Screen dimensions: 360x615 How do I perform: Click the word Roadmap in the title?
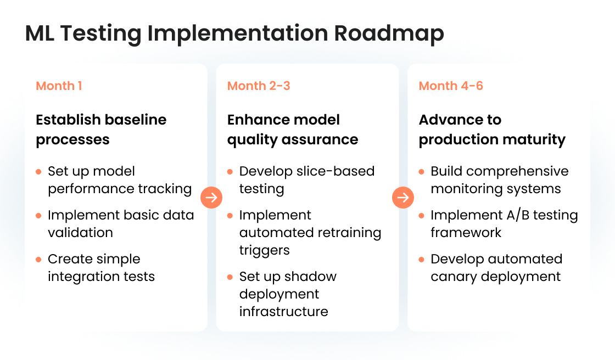[x=389, y=33]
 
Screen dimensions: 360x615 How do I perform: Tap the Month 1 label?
[x=59, y=86]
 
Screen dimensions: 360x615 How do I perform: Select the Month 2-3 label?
[x=259, y=86]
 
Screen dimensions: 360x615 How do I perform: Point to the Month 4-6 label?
[x=451, y=86]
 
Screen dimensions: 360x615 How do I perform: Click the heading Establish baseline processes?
[x=101, y=130]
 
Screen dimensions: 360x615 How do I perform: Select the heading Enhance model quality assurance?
[x=293, y=130]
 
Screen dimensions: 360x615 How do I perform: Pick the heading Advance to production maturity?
[x=492, y=130]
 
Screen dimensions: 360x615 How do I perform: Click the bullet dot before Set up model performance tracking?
[x=38, y=172]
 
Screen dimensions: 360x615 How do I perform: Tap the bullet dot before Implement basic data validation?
[x=38, y=216]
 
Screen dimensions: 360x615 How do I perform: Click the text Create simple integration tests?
[x=101, y=268]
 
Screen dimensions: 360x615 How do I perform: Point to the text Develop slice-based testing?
[x=306, y=180]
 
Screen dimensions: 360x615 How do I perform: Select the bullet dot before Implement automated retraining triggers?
[x=230, y=216]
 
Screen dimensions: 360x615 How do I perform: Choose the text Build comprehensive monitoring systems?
[x=499, y=180]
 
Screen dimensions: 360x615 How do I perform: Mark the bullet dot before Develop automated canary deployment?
[x=422, y=260]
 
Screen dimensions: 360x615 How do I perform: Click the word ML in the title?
[x=41, y=33]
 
